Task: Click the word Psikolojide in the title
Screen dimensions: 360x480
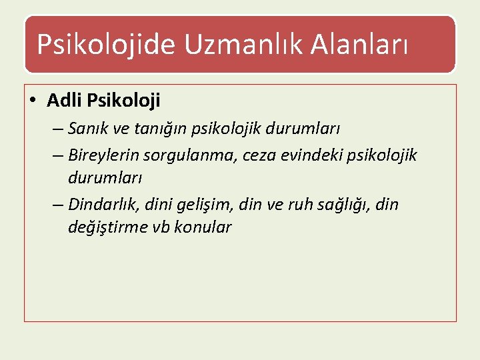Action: (106, 45)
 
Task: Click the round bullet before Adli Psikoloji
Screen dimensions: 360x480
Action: (33, 101)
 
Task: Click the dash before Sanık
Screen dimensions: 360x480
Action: (57, 129)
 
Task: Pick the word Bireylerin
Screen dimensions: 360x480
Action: (103, 155)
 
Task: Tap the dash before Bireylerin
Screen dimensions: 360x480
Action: (57, 156)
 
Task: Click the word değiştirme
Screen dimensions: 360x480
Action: (103, 227)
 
